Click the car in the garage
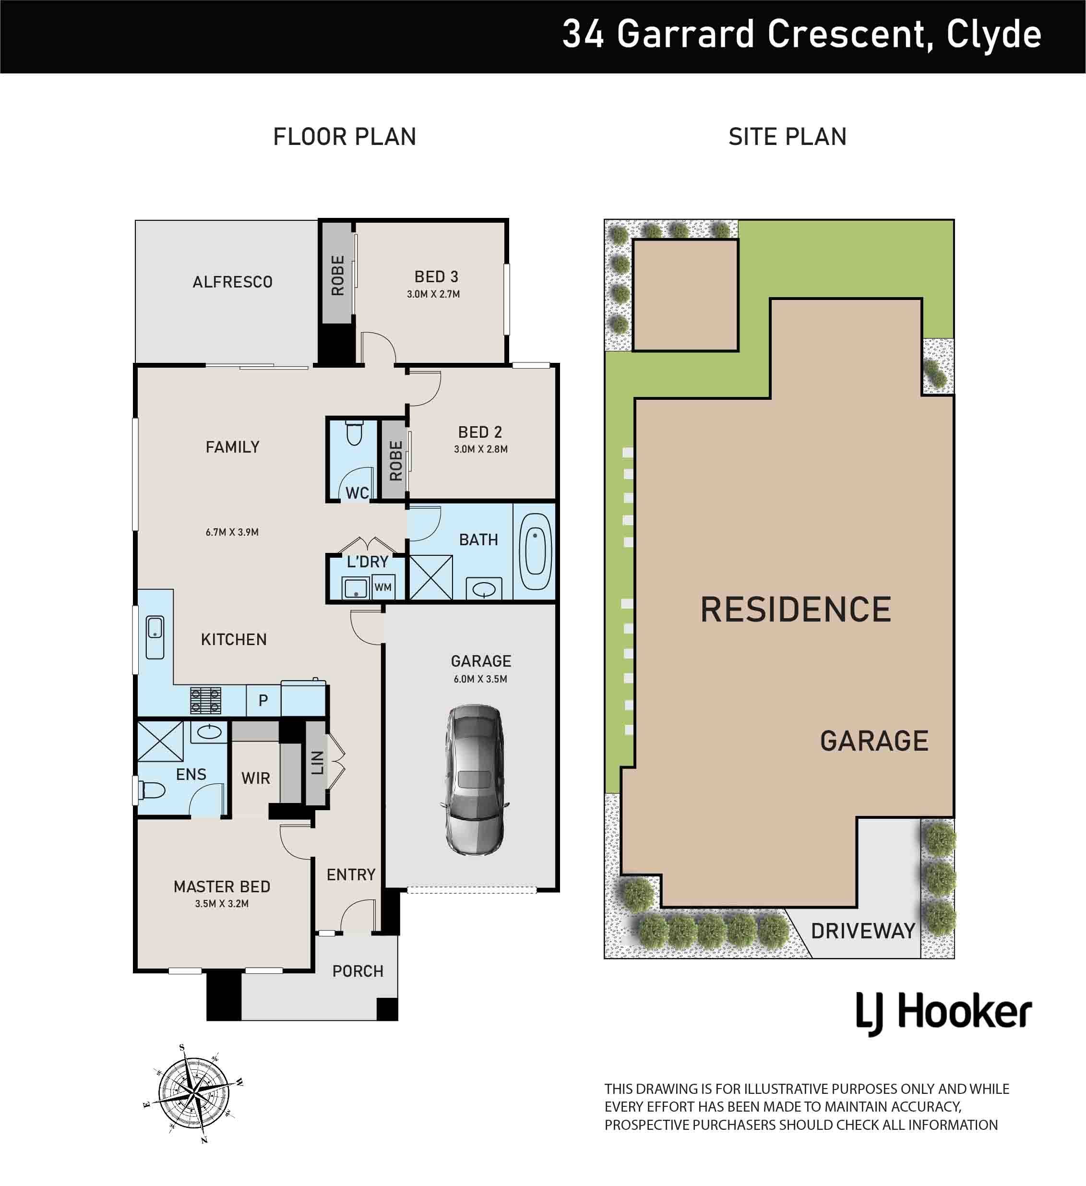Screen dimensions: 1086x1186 [x=475, y=779]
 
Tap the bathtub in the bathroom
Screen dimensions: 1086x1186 [x=535, y=551]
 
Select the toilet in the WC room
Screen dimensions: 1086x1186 [x=354, y=432]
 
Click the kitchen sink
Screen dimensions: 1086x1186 [x=155, y=637]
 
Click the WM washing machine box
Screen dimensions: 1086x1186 [x=383, y=587]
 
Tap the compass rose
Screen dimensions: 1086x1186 [x=193, y=1094]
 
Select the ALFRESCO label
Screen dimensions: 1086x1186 [x=232, y=282]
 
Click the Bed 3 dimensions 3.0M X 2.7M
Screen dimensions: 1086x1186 [x=433, y=294]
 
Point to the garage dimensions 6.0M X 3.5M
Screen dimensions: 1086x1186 [x=480, y=679]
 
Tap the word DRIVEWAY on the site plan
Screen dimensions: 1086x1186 [x=863, y=931]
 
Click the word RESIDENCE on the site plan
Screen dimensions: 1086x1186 [x=795, y=610]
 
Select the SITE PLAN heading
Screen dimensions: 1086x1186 [x=788, y=137]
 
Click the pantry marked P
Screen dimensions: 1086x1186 [x=263, y=700]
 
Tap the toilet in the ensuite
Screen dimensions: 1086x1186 [x=150, y=790]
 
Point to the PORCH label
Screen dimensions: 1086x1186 [x=358, y=971]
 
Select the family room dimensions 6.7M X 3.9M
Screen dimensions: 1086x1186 [x=232, y=532]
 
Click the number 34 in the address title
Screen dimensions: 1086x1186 [x=583, y=34]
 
